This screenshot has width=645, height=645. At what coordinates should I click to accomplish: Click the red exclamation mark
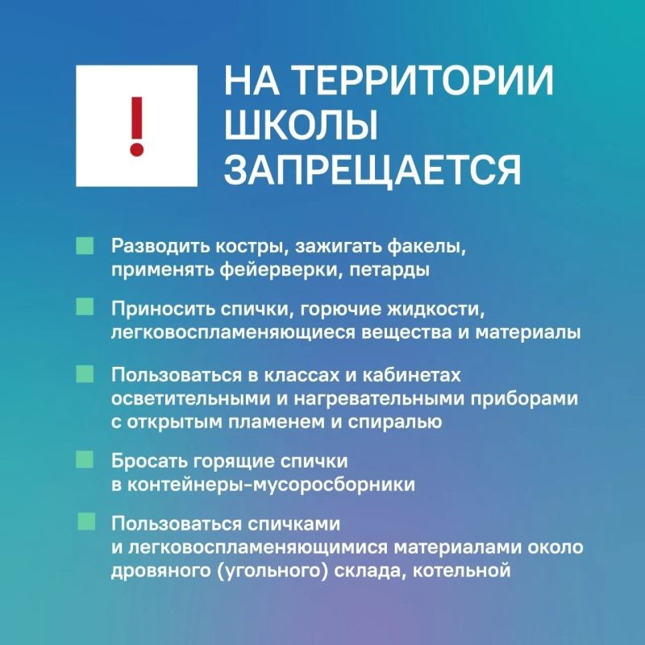pos(137,127)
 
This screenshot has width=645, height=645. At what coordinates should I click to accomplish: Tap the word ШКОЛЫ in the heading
pos(301,125)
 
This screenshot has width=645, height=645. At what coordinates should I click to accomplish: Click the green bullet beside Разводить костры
pos(85,246)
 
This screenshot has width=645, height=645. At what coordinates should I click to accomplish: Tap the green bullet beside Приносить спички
pos(85,307)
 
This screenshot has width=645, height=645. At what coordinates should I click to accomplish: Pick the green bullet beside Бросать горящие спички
pos(85,459)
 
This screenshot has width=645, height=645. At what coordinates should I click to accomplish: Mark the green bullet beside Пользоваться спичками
pos(86,521)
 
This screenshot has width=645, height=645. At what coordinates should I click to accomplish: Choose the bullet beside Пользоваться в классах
pos(85,374)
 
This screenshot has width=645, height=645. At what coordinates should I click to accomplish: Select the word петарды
pos(389,271)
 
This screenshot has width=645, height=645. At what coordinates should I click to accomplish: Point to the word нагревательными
pos(379,399)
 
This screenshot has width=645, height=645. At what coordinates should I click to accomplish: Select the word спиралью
pos(395,422)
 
